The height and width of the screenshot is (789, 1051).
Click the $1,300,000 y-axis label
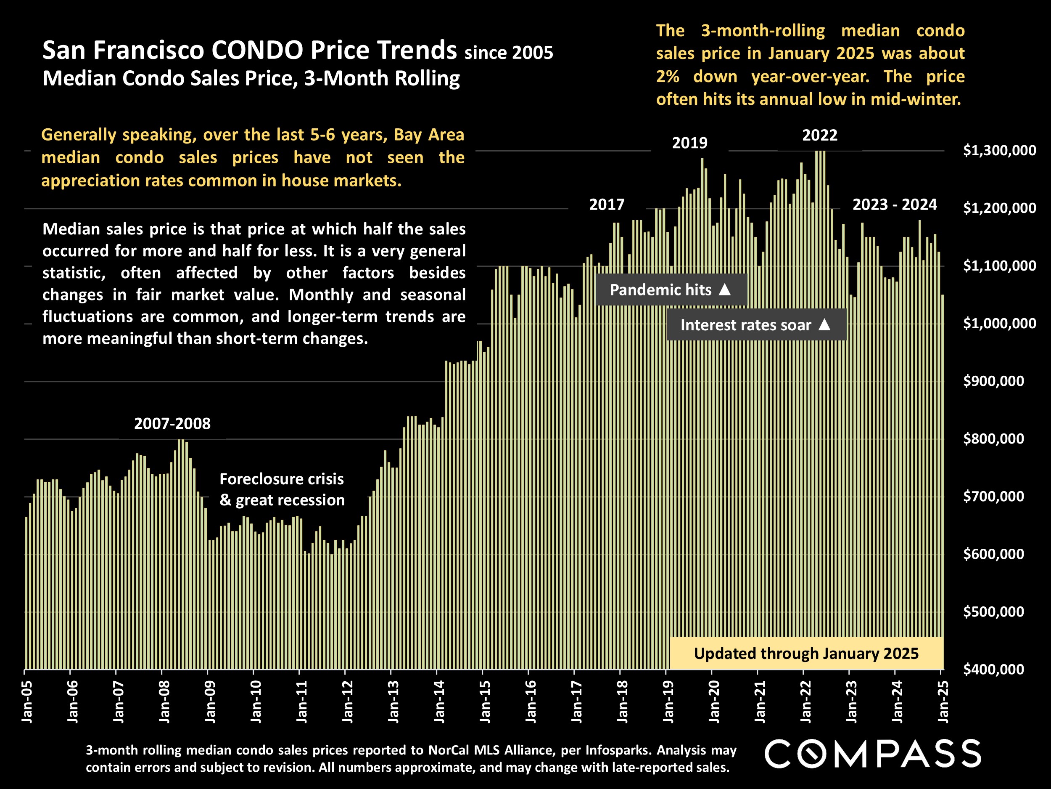pos(999,151)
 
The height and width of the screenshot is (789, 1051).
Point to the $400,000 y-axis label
pos(993,669)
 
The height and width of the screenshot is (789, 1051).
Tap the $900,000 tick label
pos(993,381)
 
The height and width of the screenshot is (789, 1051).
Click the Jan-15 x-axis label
pos(485,701)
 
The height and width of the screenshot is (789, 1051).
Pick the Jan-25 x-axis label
pos(943,701)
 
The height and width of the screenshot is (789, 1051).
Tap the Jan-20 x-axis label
pos(714,701)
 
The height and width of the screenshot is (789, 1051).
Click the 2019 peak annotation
pos(689,143)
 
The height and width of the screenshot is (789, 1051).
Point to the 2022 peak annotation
pos(820,135)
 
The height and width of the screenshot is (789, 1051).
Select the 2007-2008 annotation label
pos(172,424)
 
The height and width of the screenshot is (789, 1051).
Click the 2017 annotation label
pos(607,205)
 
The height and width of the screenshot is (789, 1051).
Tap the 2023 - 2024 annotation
pos(895,205)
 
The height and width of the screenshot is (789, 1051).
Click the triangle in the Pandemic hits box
pos(725,289)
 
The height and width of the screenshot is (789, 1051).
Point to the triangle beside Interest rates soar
pos(825,324)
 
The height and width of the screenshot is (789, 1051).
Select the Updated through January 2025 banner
pos(806,654)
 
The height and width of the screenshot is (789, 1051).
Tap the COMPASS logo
pos(873,754)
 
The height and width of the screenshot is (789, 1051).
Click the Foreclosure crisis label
pos(282,479)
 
